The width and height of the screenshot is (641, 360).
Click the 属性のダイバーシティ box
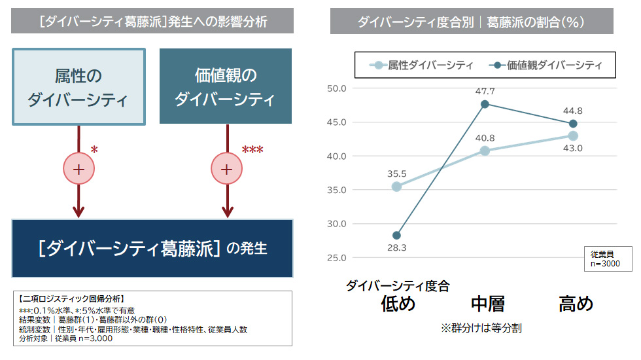pos(78,86)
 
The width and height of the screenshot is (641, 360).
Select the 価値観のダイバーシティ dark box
pos(226,86)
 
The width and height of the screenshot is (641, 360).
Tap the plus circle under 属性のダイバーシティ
pos(78,169)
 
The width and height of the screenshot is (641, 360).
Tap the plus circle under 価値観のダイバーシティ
pos(227,169)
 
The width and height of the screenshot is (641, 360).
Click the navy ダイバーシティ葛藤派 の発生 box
pos(152,249)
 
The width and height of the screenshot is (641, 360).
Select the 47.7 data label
pos(485,91)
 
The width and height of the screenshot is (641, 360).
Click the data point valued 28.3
pos(396,236)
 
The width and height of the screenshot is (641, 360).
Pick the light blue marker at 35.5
pos(396,187)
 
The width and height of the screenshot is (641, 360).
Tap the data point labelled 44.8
pos(573,124)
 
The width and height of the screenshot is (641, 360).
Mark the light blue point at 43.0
pos(573,136)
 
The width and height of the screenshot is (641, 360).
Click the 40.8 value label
pos(485,138)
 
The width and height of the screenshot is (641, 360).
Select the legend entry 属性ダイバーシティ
pos(422,65)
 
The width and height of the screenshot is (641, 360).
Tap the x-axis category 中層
pos(487,304)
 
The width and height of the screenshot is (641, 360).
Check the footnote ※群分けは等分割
pos(481,328)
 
